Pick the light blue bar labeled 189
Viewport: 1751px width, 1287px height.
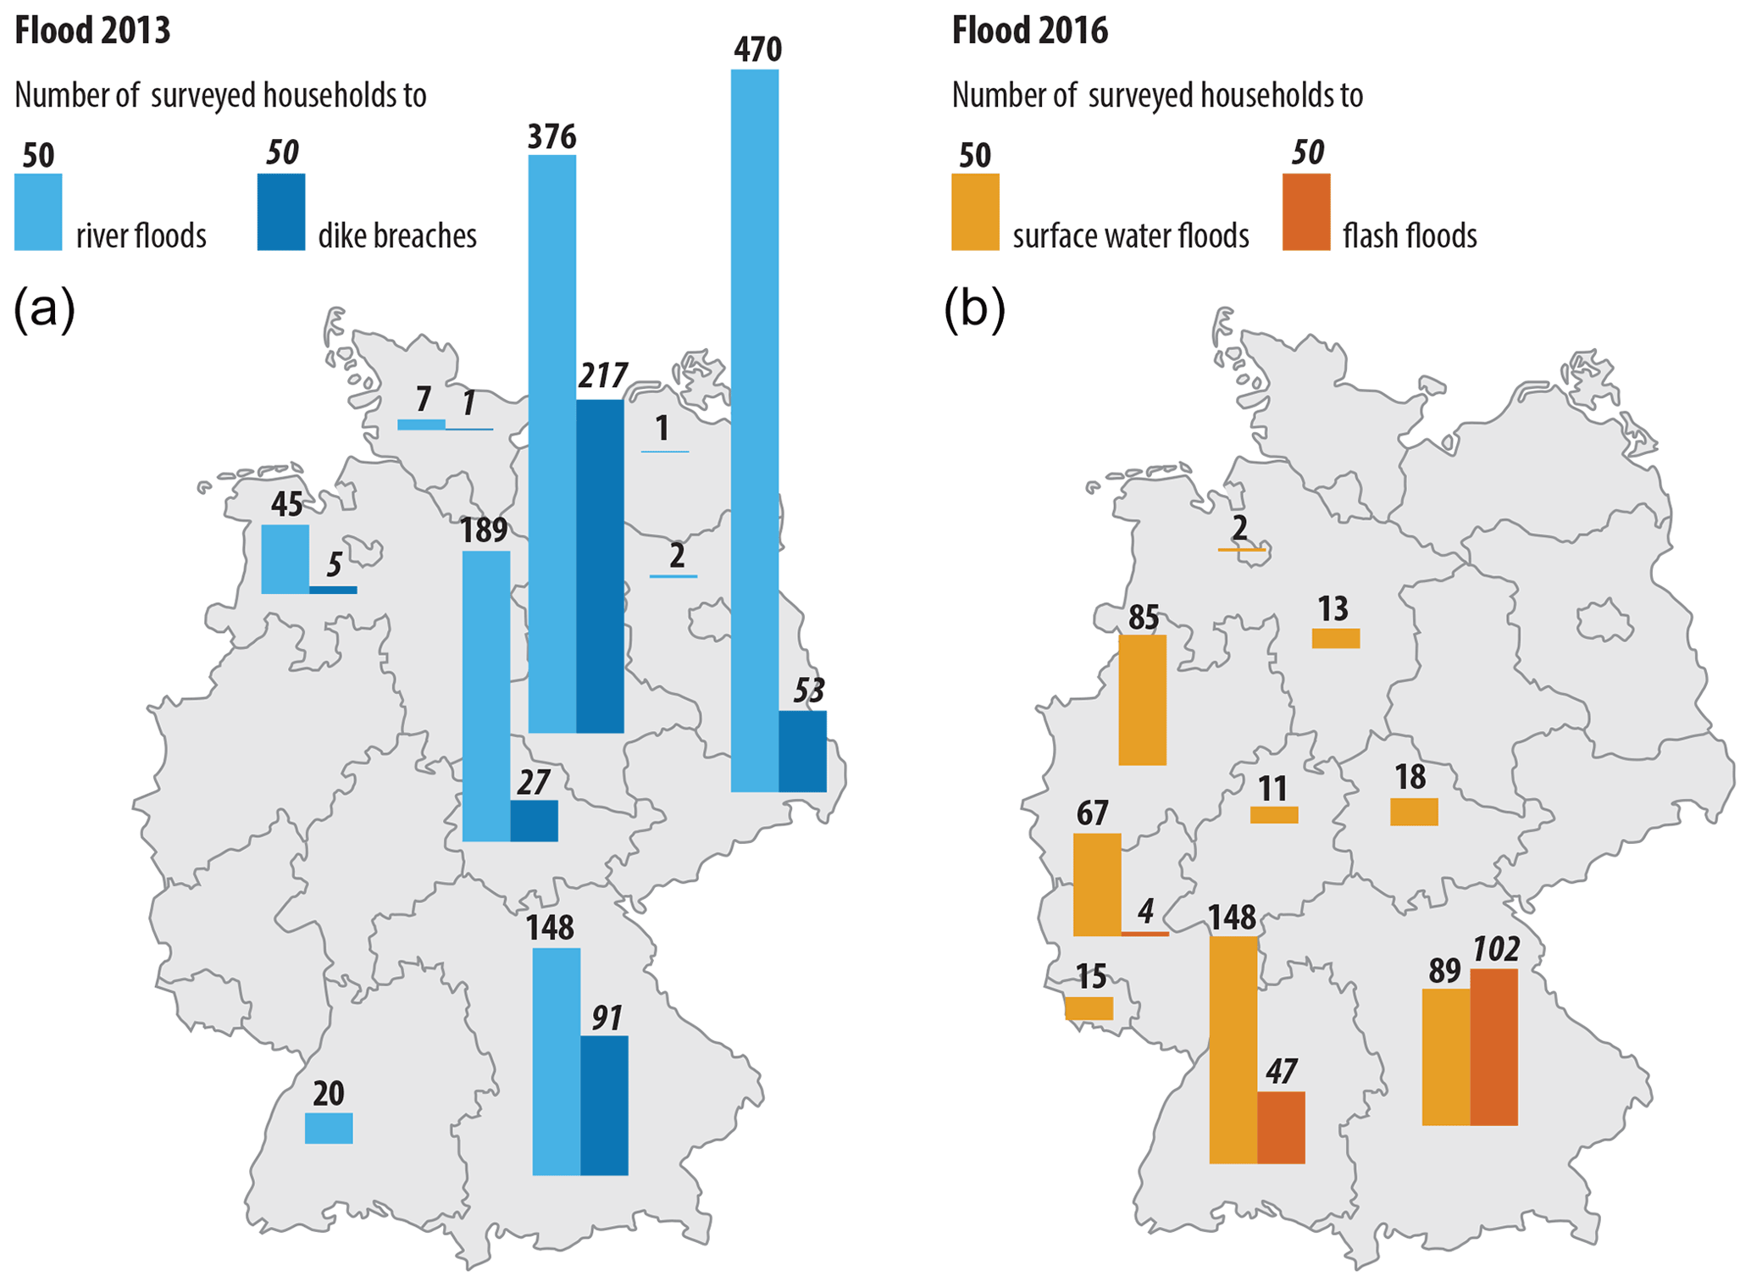[486, 696]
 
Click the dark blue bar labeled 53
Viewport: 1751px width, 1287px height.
[802, 752]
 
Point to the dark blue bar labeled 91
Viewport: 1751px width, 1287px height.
[604, 1105]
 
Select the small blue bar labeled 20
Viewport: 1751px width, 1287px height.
[329, 1128]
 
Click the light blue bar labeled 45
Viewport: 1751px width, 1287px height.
[285, 559]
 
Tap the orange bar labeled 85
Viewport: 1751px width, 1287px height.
[1142, 700]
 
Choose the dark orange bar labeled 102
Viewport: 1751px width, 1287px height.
[1493, 1047]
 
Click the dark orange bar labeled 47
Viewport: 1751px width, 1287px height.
[1281, 1127]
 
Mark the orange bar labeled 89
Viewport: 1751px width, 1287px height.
[1445, 1057]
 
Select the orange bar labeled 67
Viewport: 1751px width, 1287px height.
[1096, 885]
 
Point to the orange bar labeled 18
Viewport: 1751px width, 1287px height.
[1414, 812]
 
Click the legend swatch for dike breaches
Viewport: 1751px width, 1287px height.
[281, 212]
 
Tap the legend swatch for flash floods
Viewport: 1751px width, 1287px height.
[1305, 212]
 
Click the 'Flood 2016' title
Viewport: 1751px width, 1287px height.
[1029, 31]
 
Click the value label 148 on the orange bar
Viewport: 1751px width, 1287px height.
[1232, 918]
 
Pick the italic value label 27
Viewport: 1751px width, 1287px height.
[534, 782]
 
